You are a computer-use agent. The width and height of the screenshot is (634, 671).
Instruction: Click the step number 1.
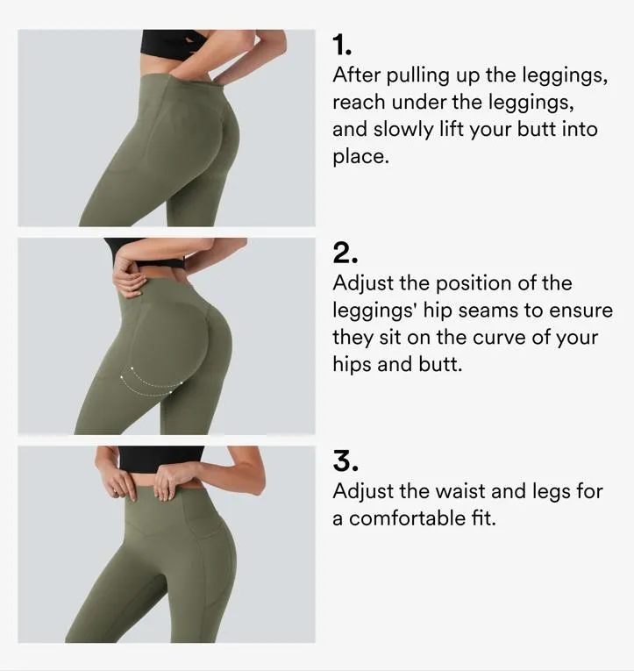coord(341,45)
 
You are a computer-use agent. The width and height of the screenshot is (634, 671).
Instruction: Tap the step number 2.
coord(345,253)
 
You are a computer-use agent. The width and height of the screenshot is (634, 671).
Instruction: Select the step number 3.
coord(345,461)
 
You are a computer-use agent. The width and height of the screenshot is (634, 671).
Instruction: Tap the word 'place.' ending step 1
coord(360,157)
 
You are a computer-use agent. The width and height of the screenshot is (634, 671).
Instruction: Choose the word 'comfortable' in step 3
coord(411,518)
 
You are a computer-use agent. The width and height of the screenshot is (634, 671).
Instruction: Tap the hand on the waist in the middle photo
coord(129,280)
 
